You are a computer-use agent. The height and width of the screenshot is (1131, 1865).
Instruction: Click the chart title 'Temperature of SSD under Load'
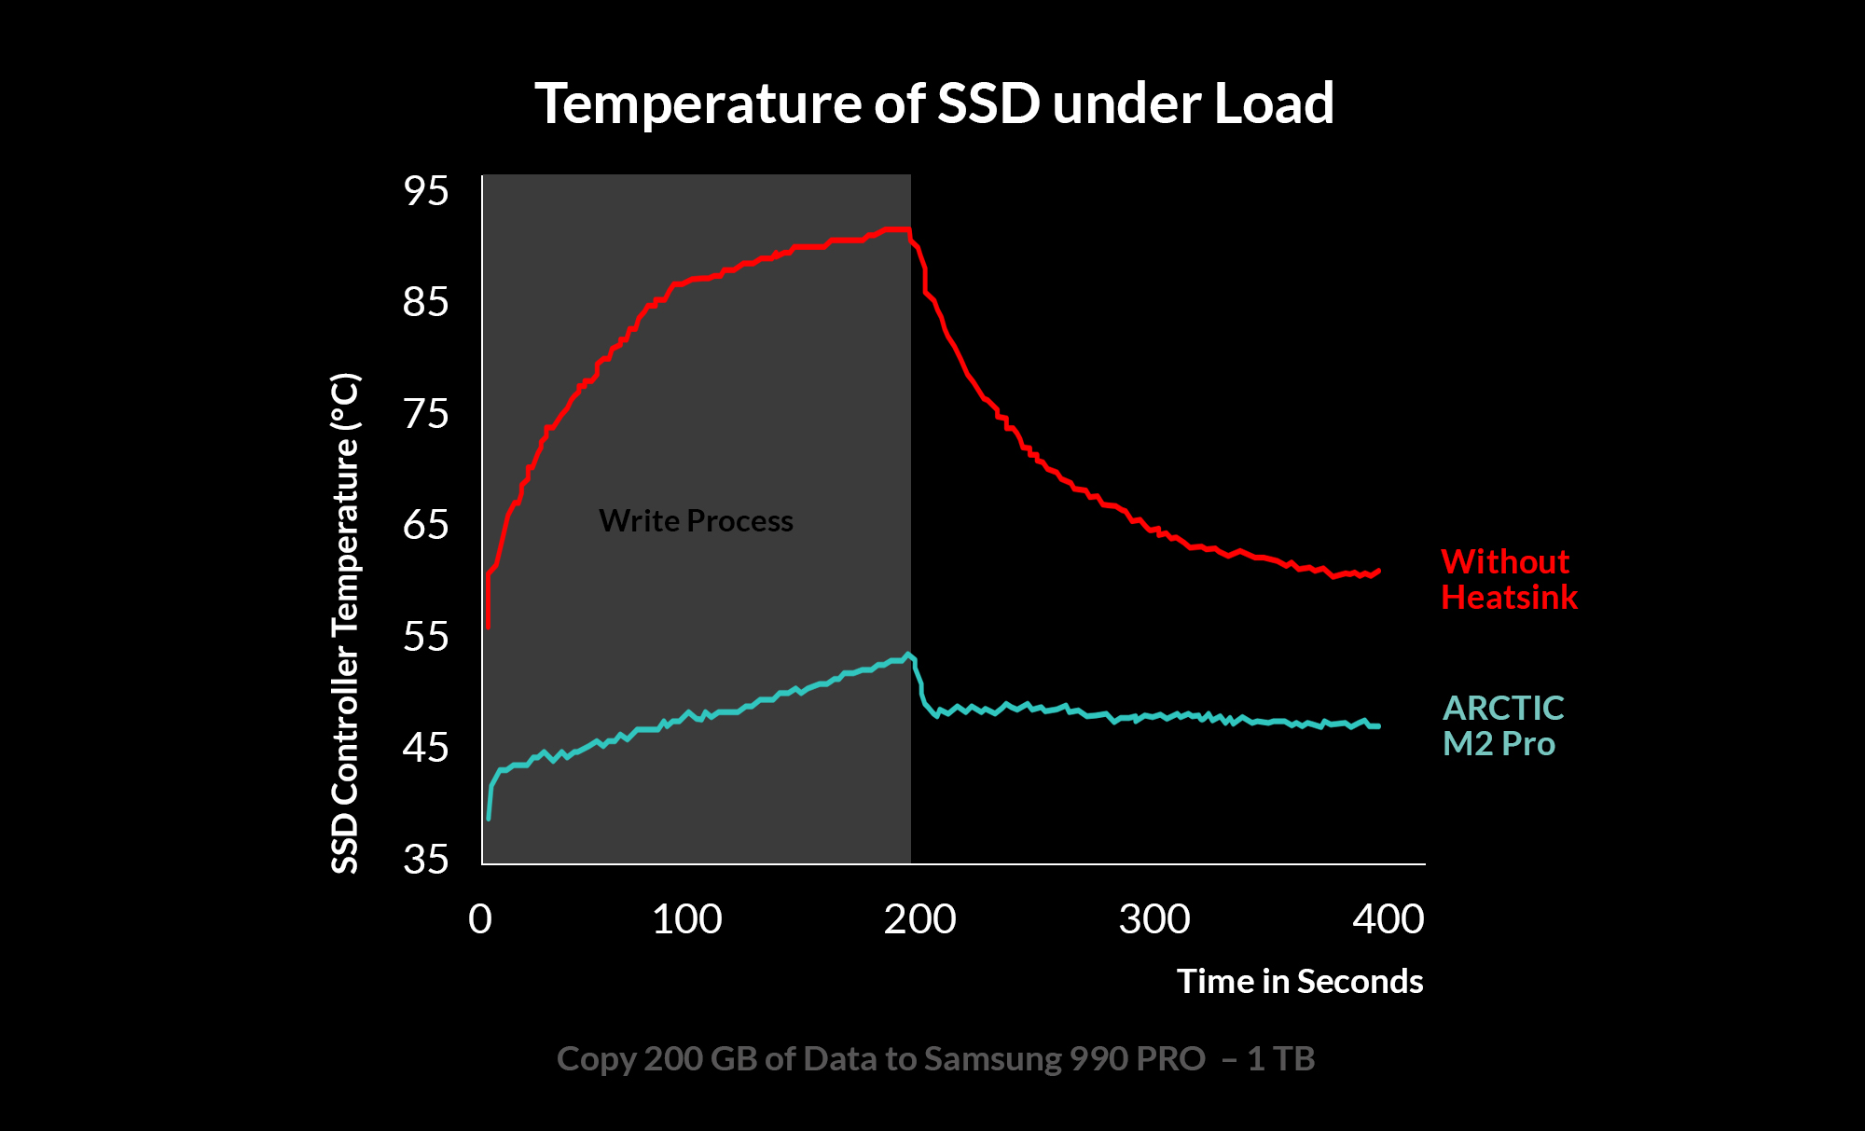(933, 103)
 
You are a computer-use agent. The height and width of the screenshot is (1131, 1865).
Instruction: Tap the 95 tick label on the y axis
(426, 191)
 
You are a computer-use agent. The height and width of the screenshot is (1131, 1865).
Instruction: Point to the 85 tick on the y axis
(426, 302)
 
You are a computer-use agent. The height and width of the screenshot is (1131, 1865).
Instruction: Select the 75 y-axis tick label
(426, 413)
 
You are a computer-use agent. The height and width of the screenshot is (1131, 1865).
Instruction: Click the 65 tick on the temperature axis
(426, 525)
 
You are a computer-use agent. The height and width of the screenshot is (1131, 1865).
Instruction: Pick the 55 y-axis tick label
(426, 637)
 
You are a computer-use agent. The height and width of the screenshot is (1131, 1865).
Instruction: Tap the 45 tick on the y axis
(426, 748)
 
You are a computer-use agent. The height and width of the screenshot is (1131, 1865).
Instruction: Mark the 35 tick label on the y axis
(426, 859)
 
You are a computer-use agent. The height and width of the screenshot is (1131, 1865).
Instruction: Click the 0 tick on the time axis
(480, 919)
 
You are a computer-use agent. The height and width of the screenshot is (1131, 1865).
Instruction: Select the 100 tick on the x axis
(686, 919)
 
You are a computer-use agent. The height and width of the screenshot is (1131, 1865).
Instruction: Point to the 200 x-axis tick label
(919, 919)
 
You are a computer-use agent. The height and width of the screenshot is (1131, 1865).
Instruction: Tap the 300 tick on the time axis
(1154, 919)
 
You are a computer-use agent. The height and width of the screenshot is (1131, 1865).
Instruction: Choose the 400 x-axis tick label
(1388, 919)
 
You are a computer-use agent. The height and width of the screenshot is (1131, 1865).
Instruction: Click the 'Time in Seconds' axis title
(1300, 981)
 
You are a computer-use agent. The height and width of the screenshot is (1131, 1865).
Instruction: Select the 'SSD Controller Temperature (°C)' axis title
(345, 623)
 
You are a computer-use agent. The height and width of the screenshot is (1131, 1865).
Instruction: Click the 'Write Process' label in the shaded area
(696, 520)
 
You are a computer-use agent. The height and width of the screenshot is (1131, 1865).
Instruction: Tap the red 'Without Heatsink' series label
(1509, 579)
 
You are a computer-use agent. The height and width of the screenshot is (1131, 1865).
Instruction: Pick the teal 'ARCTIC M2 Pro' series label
(1502, 725)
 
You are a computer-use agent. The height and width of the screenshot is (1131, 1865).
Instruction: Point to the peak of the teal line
(907, 655)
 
